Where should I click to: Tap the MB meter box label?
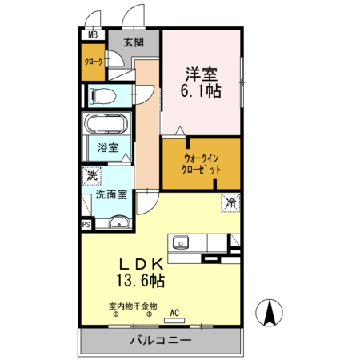[x=93, y=34]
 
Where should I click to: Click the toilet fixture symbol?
[x=104, y=97]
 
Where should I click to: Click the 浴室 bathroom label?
[x=108, y=148]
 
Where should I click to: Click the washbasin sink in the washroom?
[x=118, y=223]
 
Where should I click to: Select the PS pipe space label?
[x=86, y=225]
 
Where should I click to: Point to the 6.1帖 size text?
[x=202, y=91]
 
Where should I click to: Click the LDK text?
[x=145, y=264]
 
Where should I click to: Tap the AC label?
[x=174, y=312]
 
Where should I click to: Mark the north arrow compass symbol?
[x=270, y=311]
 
